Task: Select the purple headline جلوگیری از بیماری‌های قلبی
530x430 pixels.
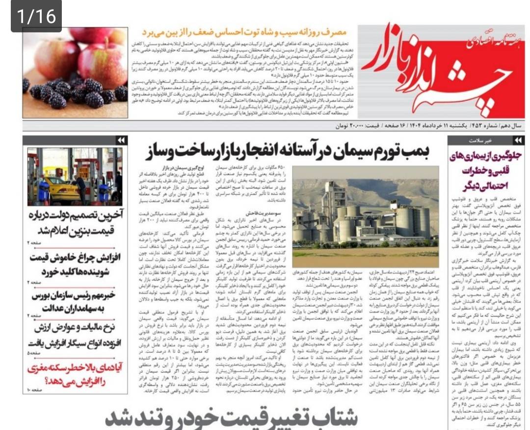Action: pyautogui.click(x=486, y=171)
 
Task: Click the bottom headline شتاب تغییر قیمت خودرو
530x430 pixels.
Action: pyautogui.click(x=231, y=419)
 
